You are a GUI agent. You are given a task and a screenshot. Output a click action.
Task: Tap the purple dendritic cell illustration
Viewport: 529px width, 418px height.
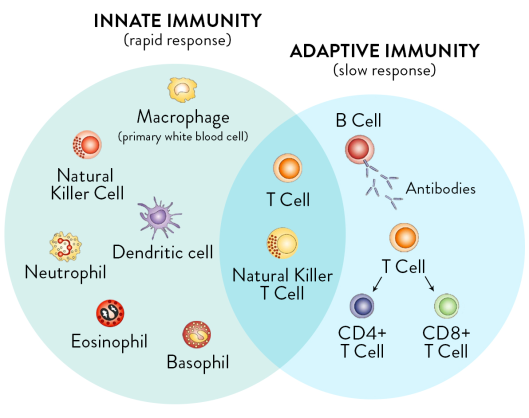tap(159, 213)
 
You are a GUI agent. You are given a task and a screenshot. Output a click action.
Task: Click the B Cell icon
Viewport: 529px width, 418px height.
tap(358, 151)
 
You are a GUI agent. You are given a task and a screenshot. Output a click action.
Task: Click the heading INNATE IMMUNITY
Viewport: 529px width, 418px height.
tap(178, 21)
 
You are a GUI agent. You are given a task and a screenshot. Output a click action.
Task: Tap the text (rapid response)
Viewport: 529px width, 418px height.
tap(178, 41)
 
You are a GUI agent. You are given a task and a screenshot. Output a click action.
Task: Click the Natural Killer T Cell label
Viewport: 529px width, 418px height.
tap(282, 283)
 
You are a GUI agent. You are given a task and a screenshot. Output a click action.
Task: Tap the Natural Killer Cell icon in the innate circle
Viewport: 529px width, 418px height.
tap(87, 145)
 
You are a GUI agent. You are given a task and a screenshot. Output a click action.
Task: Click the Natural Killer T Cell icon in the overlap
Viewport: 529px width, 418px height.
tap(282, 242)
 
